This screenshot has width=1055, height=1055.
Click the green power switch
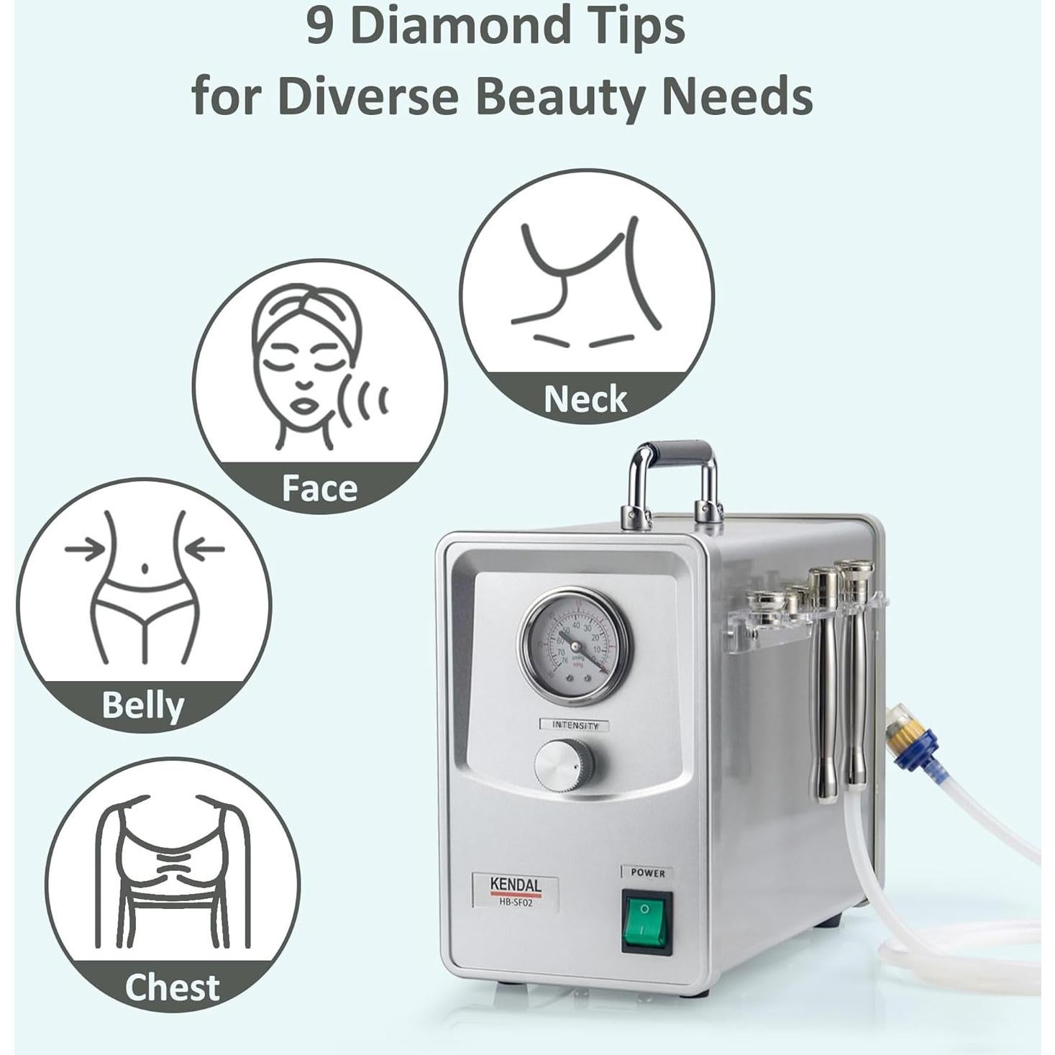647,922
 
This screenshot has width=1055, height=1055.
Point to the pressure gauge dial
575,644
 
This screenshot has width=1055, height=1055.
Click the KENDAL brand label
515,885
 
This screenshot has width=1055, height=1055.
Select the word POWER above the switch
647,872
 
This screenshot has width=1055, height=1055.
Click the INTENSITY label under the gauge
575,725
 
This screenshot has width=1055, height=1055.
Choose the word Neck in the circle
585,399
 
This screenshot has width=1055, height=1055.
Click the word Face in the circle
319,488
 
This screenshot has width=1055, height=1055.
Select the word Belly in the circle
142,705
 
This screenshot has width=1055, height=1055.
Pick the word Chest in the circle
172,987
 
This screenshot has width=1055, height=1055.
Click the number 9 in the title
319,27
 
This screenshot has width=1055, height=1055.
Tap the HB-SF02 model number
515,901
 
